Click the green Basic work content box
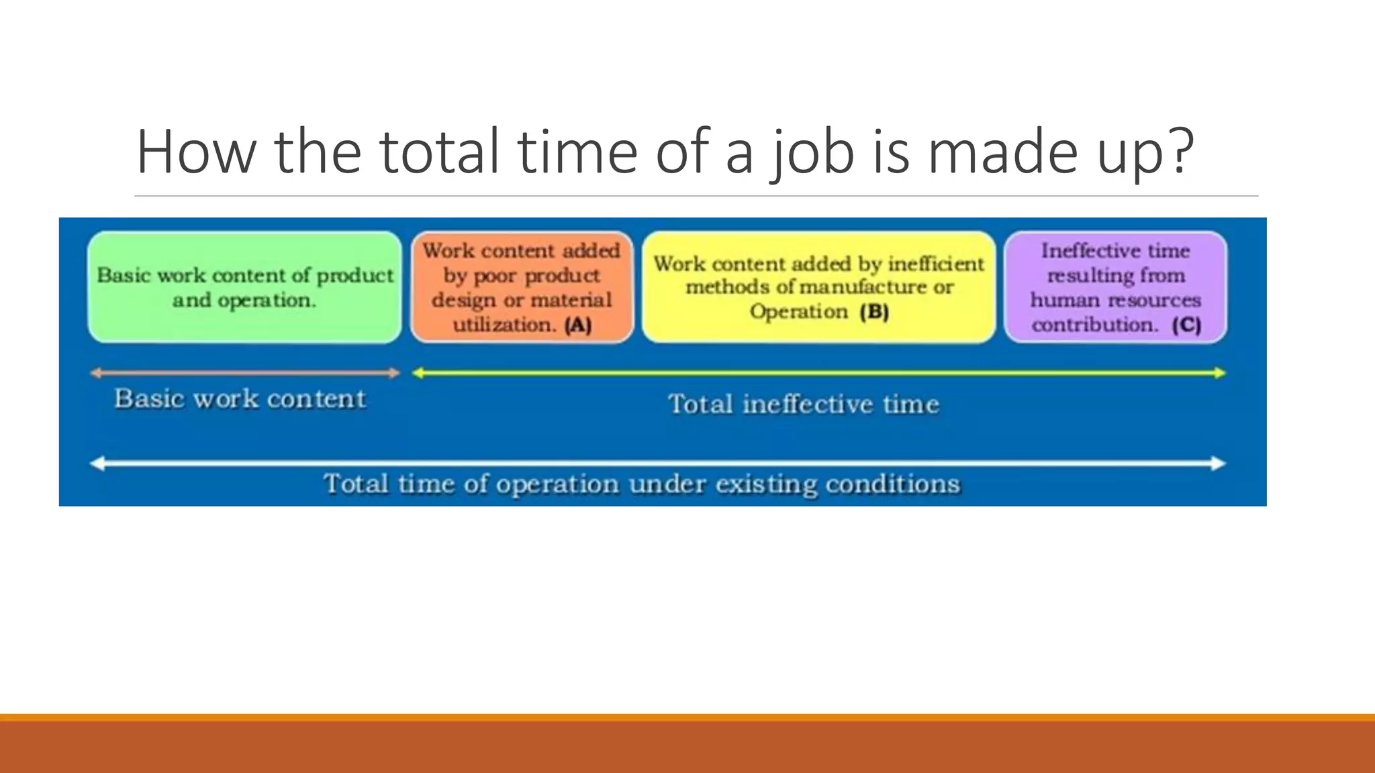(244, 287)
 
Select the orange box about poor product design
(522, 287)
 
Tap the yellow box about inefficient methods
(818, 287)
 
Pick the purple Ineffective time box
(1115, 287)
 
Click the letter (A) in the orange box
(578, 325)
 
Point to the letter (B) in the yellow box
(874, 312)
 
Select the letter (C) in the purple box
(1186, 325)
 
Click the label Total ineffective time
(804, 404)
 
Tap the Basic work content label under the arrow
(240, 399)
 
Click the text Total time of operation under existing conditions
(642, 484)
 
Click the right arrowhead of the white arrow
(1219, 463)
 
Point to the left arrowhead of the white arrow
(98, 463)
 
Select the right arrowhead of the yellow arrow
(1220, 373)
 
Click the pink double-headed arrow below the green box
(244, 373)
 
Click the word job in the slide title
(813, 152)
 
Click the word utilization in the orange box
(503, 325)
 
